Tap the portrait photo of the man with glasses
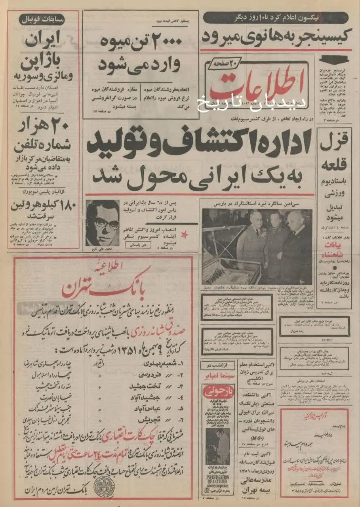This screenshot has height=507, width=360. tap(102, 223)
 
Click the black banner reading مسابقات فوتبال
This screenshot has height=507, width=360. tap(49, 18)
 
